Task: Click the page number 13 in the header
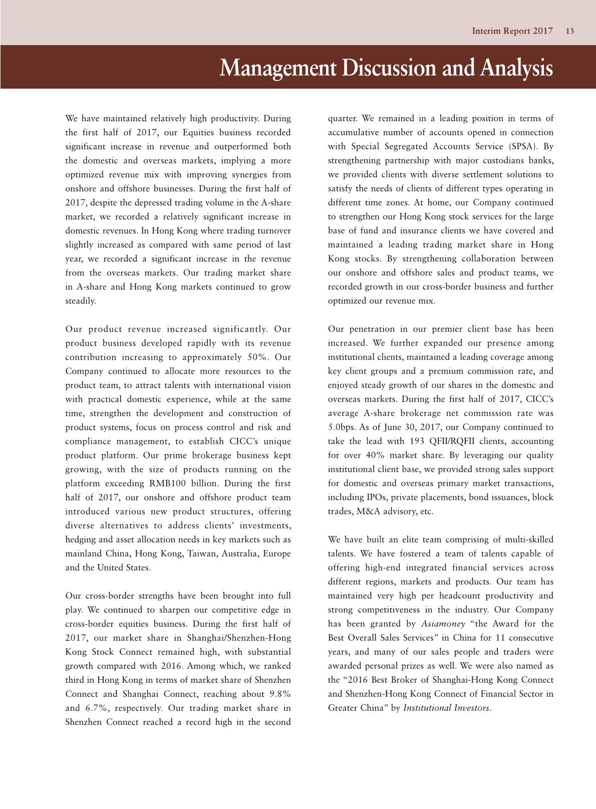[569, 31]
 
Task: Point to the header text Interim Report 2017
[512, 31]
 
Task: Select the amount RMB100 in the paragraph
[167, 483]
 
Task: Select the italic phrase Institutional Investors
[447, 708]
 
